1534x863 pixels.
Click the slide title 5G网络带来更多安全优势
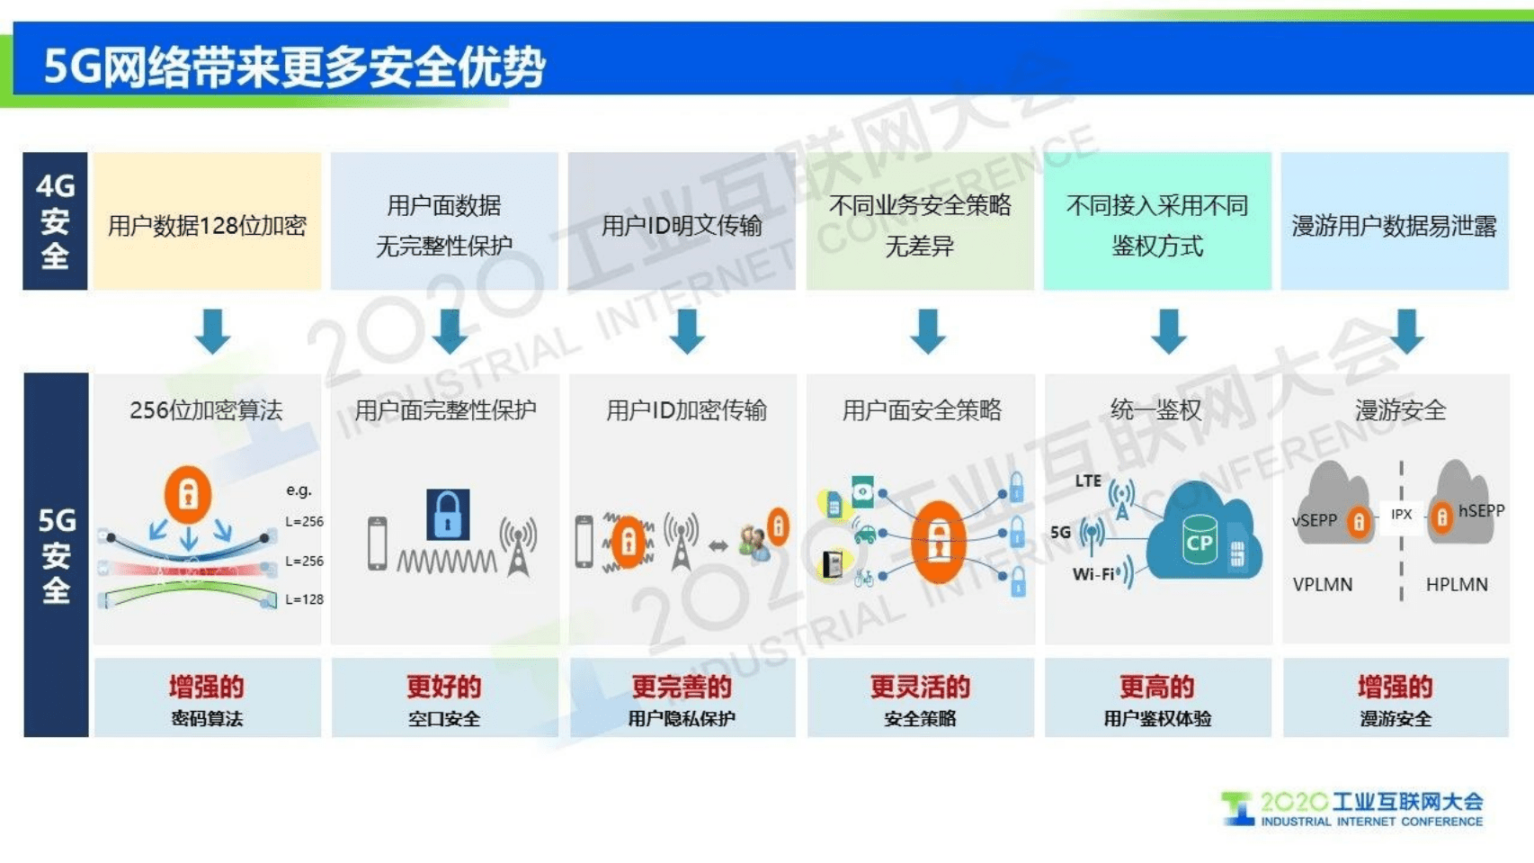(294, 66)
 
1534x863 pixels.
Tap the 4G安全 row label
(55, 221)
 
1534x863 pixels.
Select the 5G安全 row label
(56, 554)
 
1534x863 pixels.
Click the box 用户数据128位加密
(207, 225)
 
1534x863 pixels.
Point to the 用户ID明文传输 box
(682, 225)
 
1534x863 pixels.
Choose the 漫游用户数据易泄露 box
(1394, 225)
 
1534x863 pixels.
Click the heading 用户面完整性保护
(445, 410)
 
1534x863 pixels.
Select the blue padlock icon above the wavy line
(448, 514)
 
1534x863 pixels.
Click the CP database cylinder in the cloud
(1199, 540)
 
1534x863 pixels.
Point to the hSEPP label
(1481, 511)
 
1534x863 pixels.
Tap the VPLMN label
(1323, 584)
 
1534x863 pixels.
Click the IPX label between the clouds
(1401, 515)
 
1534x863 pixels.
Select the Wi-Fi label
(1093, 574)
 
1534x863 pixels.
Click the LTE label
(1088, 481)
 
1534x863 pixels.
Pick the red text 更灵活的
(920, 687)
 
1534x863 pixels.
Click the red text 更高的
(1157, 687)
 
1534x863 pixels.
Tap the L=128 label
(304, 599)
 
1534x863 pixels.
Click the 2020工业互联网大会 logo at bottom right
(1354, 808)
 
